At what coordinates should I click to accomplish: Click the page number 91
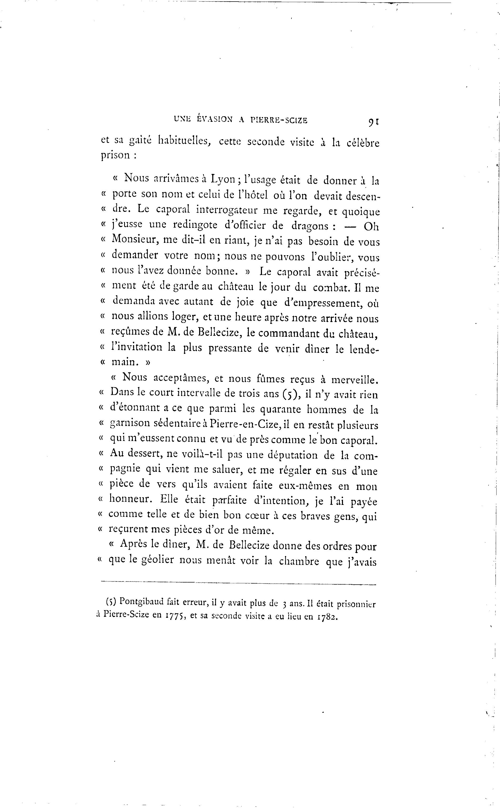click(373, 122)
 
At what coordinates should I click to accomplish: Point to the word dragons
click(310, 226)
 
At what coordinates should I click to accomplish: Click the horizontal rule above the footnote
click(238, 584)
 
